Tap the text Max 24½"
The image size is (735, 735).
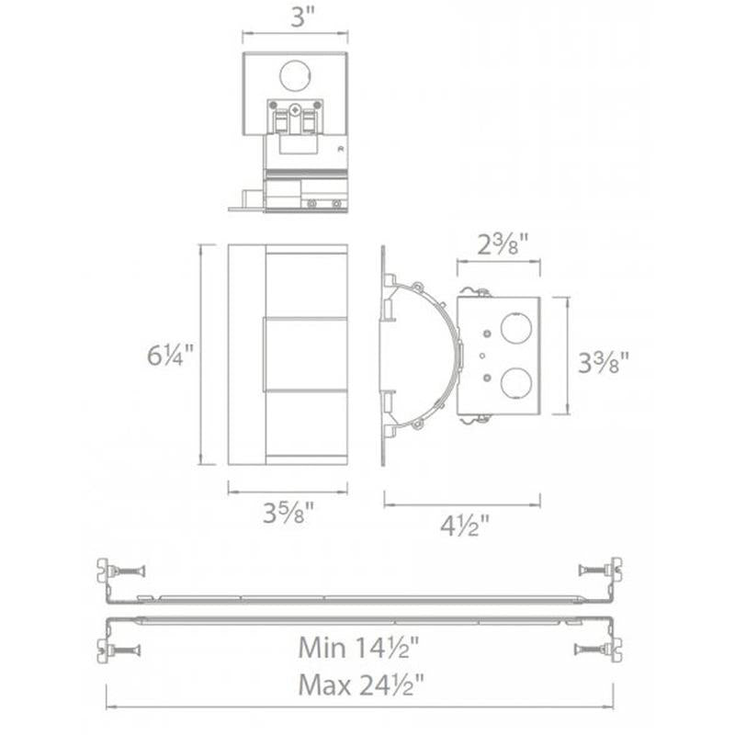358,684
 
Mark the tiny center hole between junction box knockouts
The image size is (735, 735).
482,354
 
